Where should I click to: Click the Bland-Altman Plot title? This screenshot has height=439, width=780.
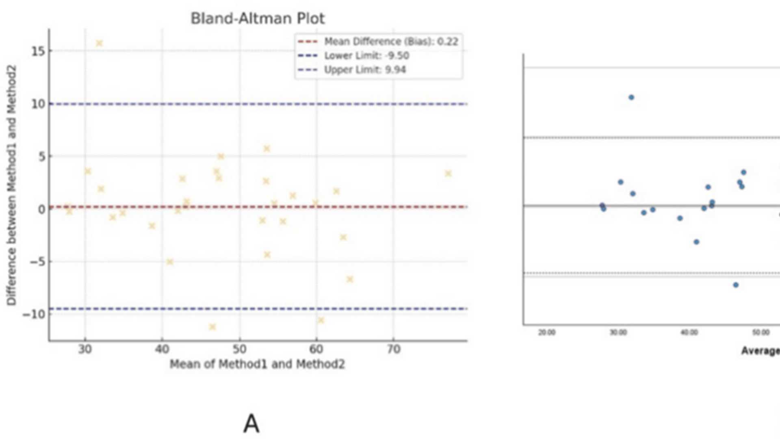pos(258,19)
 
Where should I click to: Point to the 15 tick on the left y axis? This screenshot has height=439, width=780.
pos(38,51)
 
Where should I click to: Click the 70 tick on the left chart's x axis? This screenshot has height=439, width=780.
pos(393,349)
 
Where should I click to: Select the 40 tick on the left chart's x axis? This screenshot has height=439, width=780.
pos(162,349)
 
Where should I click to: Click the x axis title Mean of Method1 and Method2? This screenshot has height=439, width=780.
pos(257,364)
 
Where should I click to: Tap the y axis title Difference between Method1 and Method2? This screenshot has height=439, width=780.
pos(11,185)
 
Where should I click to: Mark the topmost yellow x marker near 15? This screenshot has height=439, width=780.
pos(99,43)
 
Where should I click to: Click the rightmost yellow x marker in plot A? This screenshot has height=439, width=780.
pos(448,174)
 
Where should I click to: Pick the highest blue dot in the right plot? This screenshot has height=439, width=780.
pos(631,98)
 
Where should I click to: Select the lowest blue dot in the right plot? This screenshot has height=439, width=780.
pos(736,285)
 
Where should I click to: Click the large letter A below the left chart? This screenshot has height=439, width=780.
pos(251,424)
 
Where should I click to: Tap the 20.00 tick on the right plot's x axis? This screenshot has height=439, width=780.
pos(546,333)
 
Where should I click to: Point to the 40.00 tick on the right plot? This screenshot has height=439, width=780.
pos(689,333)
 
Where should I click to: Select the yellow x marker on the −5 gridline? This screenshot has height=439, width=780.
pos(170,262)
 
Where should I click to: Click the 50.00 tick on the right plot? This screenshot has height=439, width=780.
pos(760,333)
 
